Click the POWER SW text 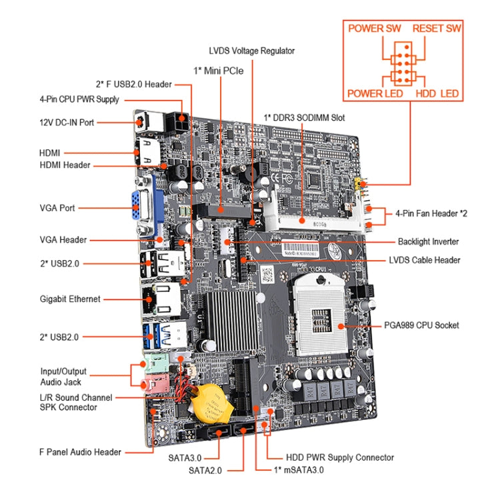[375, 29]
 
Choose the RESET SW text [437, 29]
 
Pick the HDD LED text [437, 94]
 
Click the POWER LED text [375, 94]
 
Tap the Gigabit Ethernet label [70, 299]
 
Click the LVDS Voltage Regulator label [251, 51]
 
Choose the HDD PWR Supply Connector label [339, 457]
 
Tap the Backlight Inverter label [428, 241]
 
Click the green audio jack [152, 366]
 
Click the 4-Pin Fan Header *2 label [431, 214]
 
